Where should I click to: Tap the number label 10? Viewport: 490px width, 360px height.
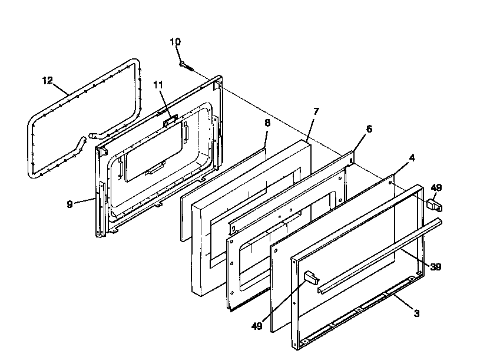(x=176, y=42)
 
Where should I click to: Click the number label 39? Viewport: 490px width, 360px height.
(x=435, y=267)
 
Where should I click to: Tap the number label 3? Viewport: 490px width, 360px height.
(x=416, y=313)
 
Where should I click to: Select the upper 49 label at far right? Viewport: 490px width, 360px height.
(x=436, y=187)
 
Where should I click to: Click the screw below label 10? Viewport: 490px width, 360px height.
(x=187, y=65)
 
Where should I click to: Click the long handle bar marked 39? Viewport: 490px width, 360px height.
(x=377, y=255)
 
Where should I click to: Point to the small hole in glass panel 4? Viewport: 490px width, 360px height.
(x=392, y=183)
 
